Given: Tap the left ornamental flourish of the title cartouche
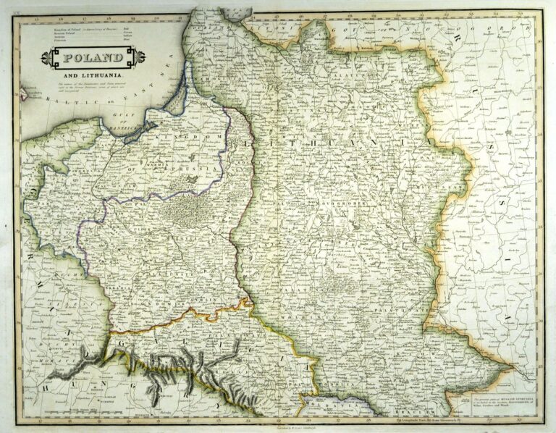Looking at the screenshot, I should click(x=45, y=58).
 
